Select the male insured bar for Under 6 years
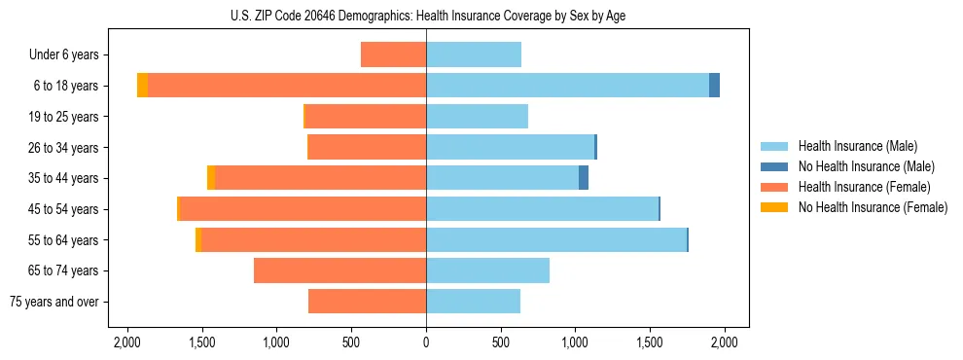[x=474, y=54]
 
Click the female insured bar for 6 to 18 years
[x=287, y=86]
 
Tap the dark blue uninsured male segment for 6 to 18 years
[x=714, y=86]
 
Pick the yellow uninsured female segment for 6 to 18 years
[x=143, y=86]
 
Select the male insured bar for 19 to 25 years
[x=477, y=117]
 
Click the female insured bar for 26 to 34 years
[x=367, y=147]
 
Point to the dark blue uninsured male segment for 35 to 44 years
[x=584, y=178]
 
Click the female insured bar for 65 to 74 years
[x=339, y=270]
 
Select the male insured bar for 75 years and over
[x=473, y=302]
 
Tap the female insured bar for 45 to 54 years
[x=303, y=209]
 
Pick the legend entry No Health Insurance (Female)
[x=873, y=207]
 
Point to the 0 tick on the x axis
[x=426, y=342]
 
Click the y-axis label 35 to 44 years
[x=63, y=178]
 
